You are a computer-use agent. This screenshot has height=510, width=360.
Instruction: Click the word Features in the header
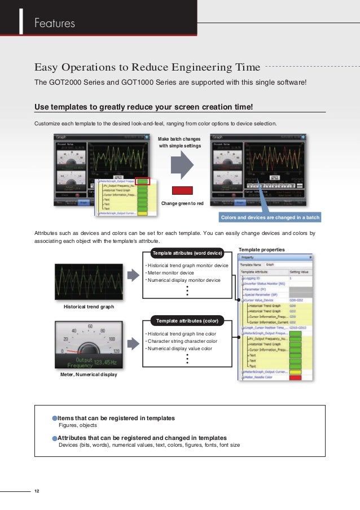(x=55, y=23)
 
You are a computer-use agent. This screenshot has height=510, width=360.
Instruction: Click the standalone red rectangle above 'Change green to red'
(x=182, y=191)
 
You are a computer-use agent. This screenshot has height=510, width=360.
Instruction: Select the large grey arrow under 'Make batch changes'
(x=182, y=167)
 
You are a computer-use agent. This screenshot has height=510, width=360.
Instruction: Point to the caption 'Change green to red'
(x=182, y=203)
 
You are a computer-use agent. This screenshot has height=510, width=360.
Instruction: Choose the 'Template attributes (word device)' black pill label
(x=187, y=253)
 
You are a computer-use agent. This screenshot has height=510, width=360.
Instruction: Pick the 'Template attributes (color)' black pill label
(x=187, y=321)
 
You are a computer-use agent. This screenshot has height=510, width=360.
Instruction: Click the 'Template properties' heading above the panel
(x=261, y=249)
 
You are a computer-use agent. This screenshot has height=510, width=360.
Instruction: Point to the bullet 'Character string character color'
(x=182, y=341)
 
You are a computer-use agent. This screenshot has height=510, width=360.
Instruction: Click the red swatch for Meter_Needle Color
(x=295, y=377)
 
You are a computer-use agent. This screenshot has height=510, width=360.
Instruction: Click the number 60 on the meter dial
(x=90, y=326)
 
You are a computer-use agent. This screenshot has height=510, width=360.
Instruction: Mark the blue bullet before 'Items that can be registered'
(x=55, y=418)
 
